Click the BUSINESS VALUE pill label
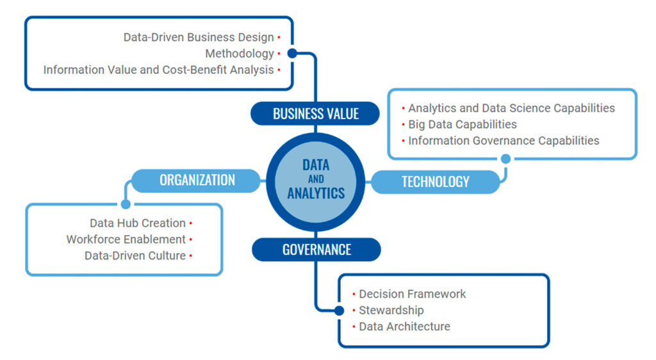(316, 114)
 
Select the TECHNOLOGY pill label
(435, 182)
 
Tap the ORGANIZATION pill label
(197, 181)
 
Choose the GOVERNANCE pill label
(316, 249)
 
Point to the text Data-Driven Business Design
(199, 38)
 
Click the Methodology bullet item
(240, 54)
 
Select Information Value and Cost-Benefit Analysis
(158, 70)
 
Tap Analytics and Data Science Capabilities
(511, 108)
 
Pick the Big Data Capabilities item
(462, 124)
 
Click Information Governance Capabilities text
(504, 140)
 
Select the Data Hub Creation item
(138, 223)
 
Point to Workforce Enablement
(126, 240)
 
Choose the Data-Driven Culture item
(135, 256)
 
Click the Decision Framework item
(412, 294)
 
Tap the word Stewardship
(391, 310)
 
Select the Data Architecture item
(404, 327)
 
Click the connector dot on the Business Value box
(292, 54)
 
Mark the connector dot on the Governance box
(340, 311)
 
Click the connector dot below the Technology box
(505, 158)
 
